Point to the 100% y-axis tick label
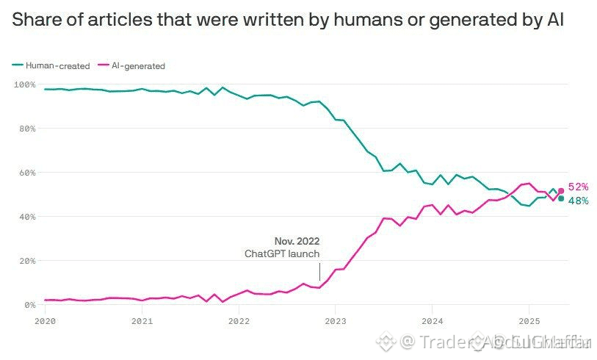(23, 84)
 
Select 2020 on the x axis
(45, 321)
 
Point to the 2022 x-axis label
(239, 321)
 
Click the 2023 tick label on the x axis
(336, 321)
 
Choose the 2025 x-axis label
(529, 321)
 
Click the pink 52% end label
(578, 187)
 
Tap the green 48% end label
(578, 201)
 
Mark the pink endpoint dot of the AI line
(562, 191)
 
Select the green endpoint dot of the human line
(562, 198)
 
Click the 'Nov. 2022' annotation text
(297, 241)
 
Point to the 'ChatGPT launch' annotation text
(282, 253)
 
